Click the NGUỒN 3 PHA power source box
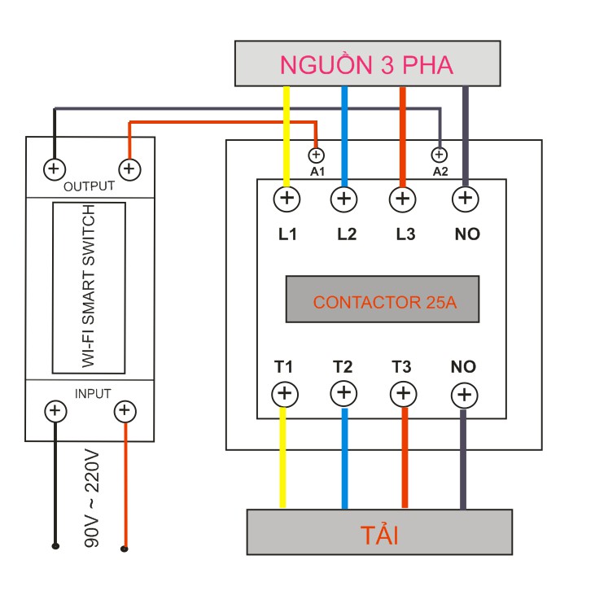[366, 63]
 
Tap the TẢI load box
[379, 532]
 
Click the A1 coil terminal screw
[317, 155]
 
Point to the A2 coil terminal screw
[440, 154]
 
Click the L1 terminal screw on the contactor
[287, 198]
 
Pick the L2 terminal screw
[344, 198]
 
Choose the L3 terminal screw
[402, 198]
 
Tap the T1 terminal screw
[284, 394]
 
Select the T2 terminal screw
[343, 394]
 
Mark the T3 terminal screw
[402, 394]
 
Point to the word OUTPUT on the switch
[89, 186]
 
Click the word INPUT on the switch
[93, 394]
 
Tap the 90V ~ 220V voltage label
[92, 497]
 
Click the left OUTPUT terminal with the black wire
[54, 169]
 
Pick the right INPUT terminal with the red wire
[125, 410]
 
